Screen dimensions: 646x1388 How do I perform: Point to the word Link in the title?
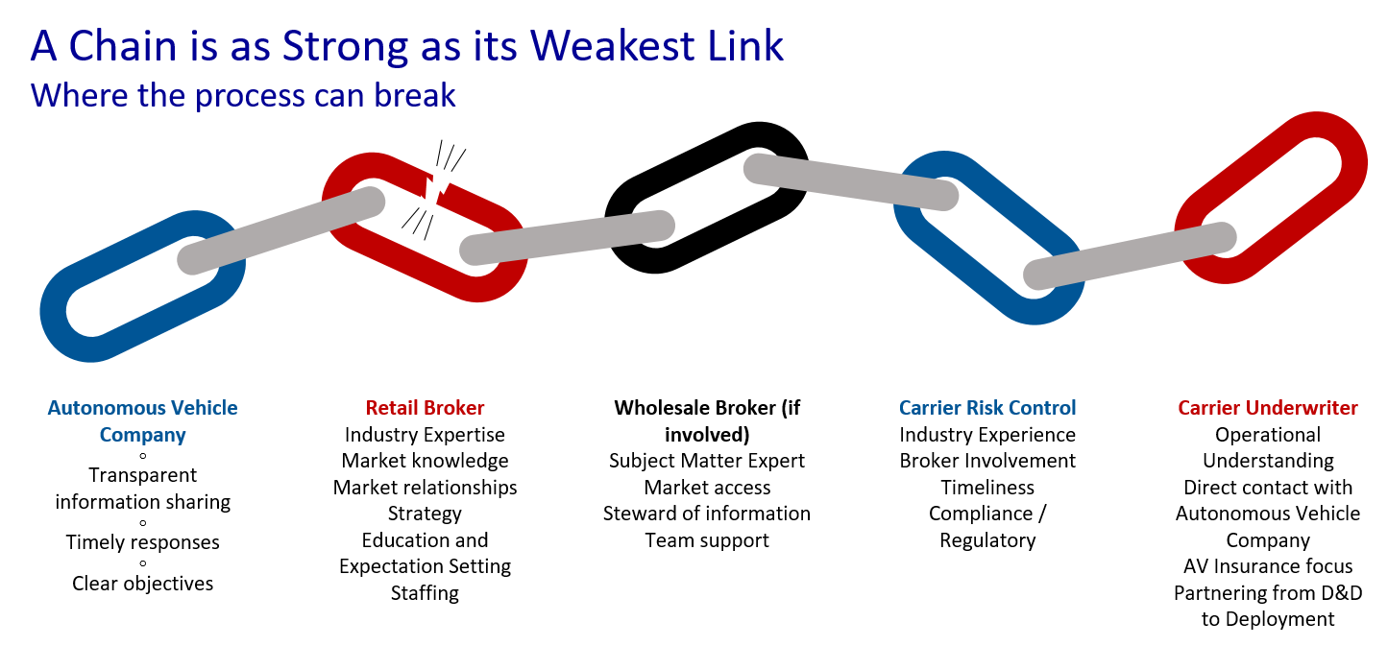point(746,46)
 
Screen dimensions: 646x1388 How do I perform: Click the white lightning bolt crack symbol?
point(438,180)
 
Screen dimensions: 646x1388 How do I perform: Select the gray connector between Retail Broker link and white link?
point(567,238)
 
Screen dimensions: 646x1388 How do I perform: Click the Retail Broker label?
point(425,408)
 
